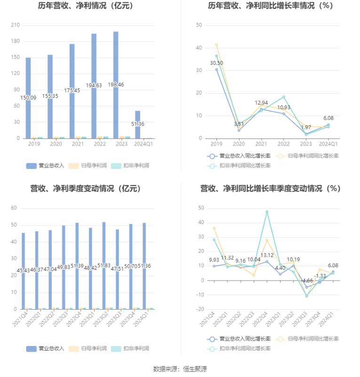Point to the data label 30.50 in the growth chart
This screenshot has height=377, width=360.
point(216,63)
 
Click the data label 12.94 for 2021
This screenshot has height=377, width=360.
point(262,103)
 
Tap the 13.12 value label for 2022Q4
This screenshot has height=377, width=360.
point(267,256)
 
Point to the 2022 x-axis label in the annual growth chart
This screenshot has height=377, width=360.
point(284,144)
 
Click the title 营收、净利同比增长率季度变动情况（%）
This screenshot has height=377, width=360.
point(270,188)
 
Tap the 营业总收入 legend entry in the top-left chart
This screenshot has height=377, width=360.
point(45,166)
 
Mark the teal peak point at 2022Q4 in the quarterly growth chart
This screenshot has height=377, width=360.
point(267,212)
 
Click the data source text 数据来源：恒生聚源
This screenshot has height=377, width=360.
point(180,369)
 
